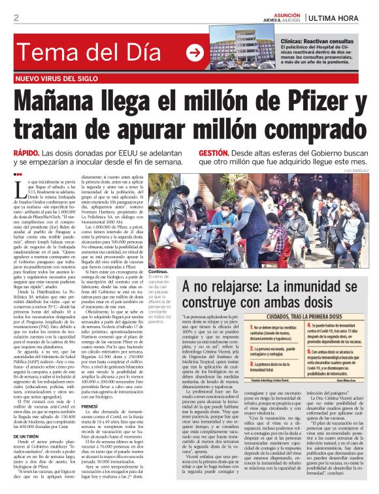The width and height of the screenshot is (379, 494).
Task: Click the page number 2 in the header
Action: (x=16, y=18)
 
